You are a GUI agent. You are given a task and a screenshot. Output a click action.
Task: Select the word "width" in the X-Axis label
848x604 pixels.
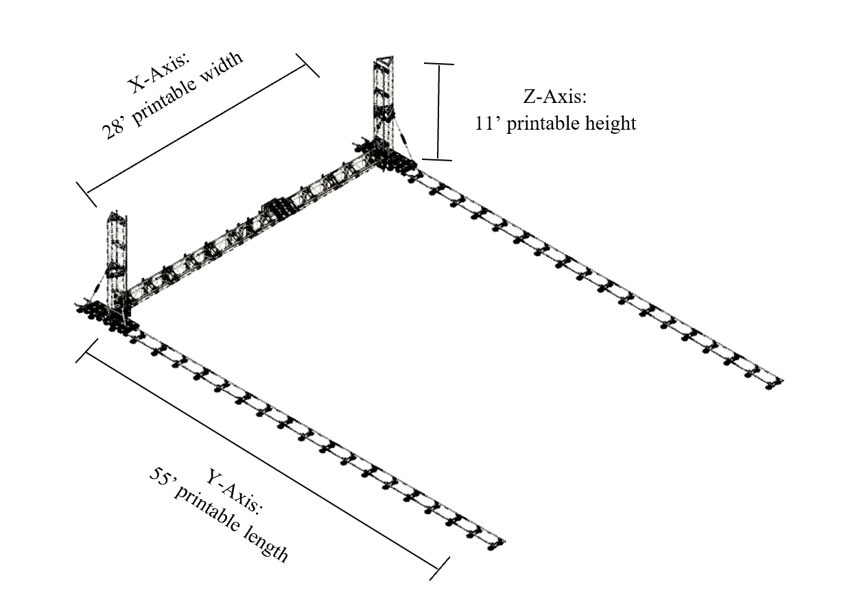point(221,70)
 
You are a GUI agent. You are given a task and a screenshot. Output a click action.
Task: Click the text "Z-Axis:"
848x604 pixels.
point(555,96)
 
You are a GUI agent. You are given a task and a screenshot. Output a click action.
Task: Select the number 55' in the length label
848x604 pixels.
point(160,478)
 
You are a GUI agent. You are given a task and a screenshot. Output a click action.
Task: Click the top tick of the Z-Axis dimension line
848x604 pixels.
point(439,64)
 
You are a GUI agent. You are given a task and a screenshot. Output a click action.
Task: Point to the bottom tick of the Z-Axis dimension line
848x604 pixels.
point(438,159)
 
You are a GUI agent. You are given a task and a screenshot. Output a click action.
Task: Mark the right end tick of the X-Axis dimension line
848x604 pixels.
point(307,65)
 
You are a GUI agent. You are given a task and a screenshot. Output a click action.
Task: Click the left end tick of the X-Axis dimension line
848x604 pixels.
point(86,194)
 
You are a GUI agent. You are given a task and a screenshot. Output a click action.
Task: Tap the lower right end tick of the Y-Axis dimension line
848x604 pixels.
point(440,568)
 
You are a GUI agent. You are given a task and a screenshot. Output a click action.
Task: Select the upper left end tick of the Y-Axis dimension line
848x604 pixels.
point(86,351)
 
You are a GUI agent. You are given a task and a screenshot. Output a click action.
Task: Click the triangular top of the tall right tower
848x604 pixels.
point(384,62)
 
